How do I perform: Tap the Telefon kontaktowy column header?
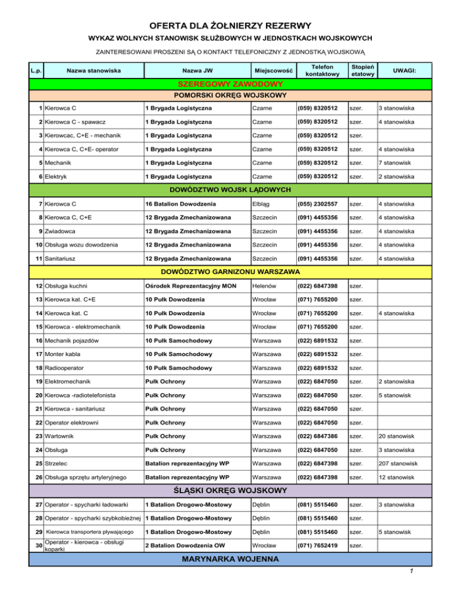(x=322, y=70)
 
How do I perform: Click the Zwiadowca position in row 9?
(x=62, y=232)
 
